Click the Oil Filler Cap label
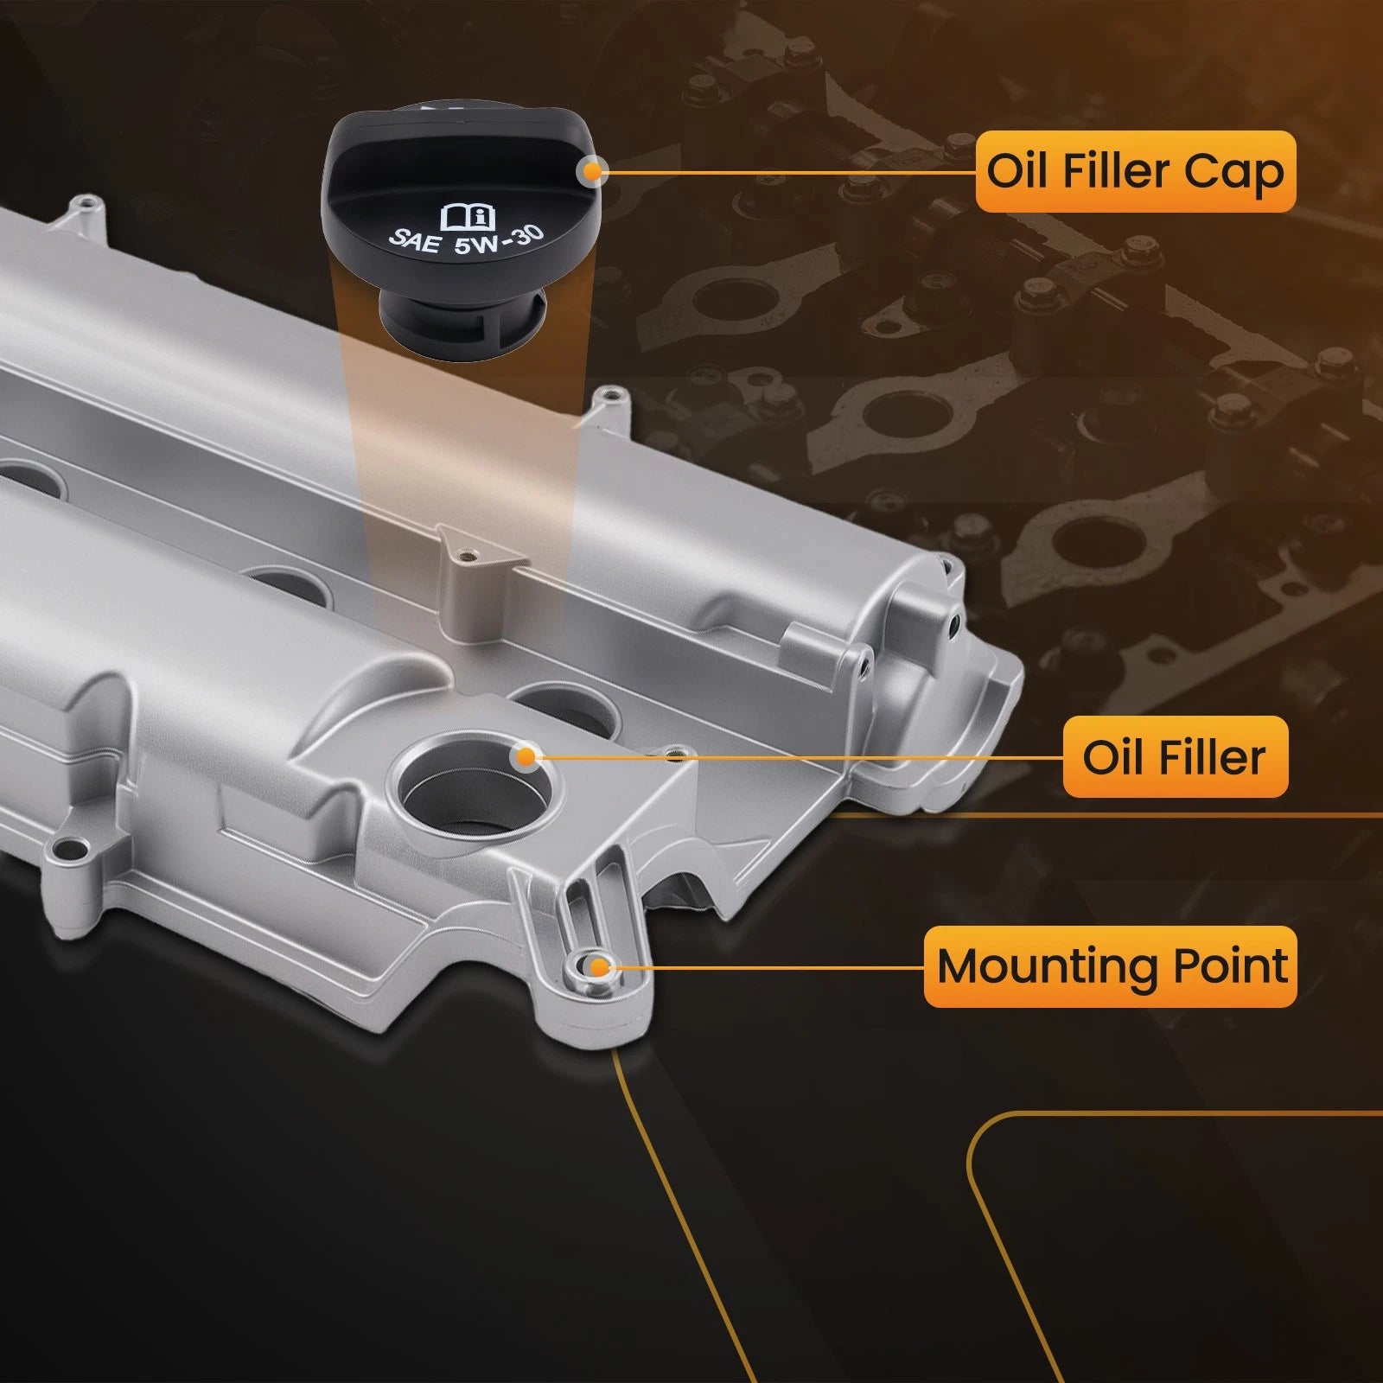(x=1136, y=171)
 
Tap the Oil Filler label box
(x=1175, y=757)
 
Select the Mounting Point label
(x=1111, y=966)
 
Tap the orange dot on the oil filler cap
(x=592, y=171)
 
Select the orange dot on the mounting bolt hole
(x=597, y=966)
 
